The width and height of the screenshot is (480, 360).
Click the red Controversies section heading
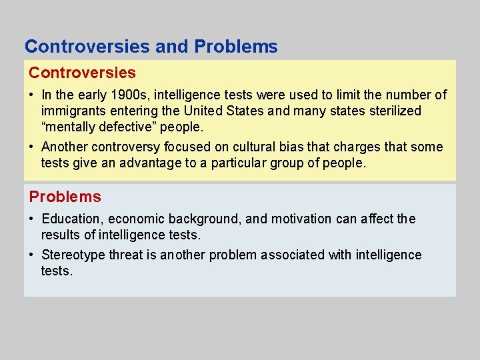[x=82, y=73]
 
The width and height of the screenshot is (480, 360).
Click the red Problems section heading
[x=65, y=197]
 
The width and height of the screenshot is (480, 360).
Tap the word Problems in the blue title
[x=236, y=47]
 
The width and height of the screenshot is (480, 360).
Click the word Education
[x=71, y=219]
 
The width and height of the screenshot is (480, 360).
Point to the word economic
[x=137, y=219]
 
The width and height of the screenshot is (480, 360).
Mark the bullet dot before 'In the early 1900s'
[x=31, y=95]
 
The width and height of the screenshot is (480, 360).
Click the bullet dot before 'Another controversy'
[x=31, y=147]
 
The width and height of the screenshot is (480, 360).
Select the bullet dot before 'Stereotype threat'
[x=31, y=255]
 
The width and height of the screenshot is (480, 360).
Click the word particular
[x=240, y=163]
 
